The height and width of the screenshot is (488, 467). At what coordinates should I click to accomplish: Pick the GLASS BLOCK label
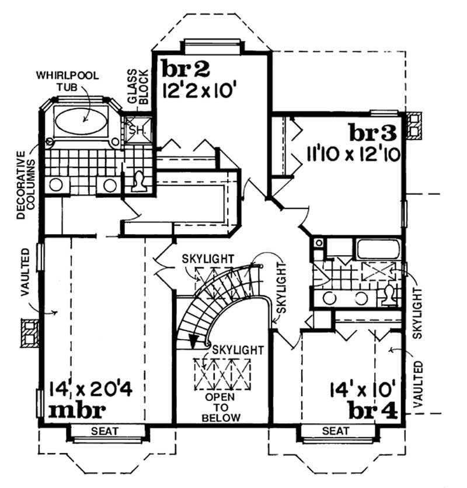[138, 86]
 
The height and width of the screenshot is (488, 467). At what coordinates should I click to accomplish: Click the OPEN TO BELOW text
[221, 407]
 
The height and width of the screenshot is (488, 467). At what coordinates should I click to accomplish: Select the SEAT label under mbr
[105, 431]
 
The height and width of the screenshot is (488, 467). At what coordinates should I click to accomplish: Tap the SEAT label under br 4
[336, 431]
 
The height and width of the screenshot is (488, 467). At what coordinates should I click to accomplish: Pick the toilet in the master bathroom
[141, 183]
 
